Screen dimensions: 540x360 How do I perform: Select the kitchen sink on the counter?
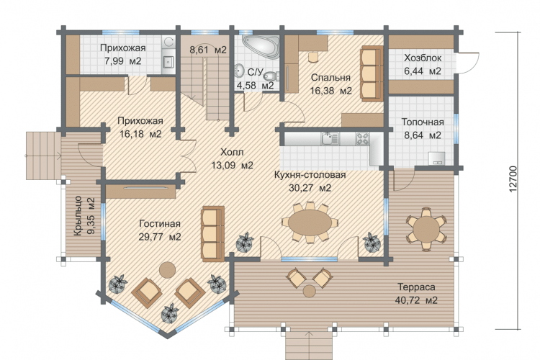click(330, 138)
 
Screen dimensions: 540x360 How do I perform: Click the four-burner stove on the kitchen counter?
click(362, 138)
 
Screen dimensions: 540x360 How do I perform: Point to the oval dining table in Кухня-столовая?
click(310, 223)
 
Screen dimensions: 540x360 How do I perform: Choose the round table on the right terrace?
click(426, 228)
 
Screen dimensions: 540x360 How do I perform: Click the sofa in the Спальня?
click(372, 73)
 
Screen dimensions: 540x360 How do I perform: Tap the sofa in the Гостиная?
click(213, 233)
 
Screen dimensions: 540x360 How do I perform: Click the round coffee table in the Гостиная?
click(167, 270)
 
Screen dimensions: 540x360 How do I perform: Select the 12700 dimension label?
click(513, 179)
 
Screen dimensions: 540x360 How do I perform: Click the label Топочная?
click(423, 122)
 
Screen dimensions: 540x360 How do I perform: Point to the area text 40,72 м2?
click(416, 300)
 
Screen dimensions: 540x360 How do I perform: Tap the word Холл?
click(232, 152)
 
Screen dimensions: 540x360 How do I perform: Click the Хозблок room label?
click(423, 58)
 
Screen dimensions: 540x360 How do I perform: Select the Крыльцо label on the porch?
click(78, 216)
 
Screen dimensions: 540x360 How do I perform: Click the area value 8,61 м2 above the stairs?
click(208, 50)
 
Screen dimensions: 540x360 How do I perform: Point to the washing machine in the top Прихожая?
click(168, 42)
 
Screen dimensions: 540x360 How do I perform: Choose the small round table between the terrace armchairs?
click(310, 291)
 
